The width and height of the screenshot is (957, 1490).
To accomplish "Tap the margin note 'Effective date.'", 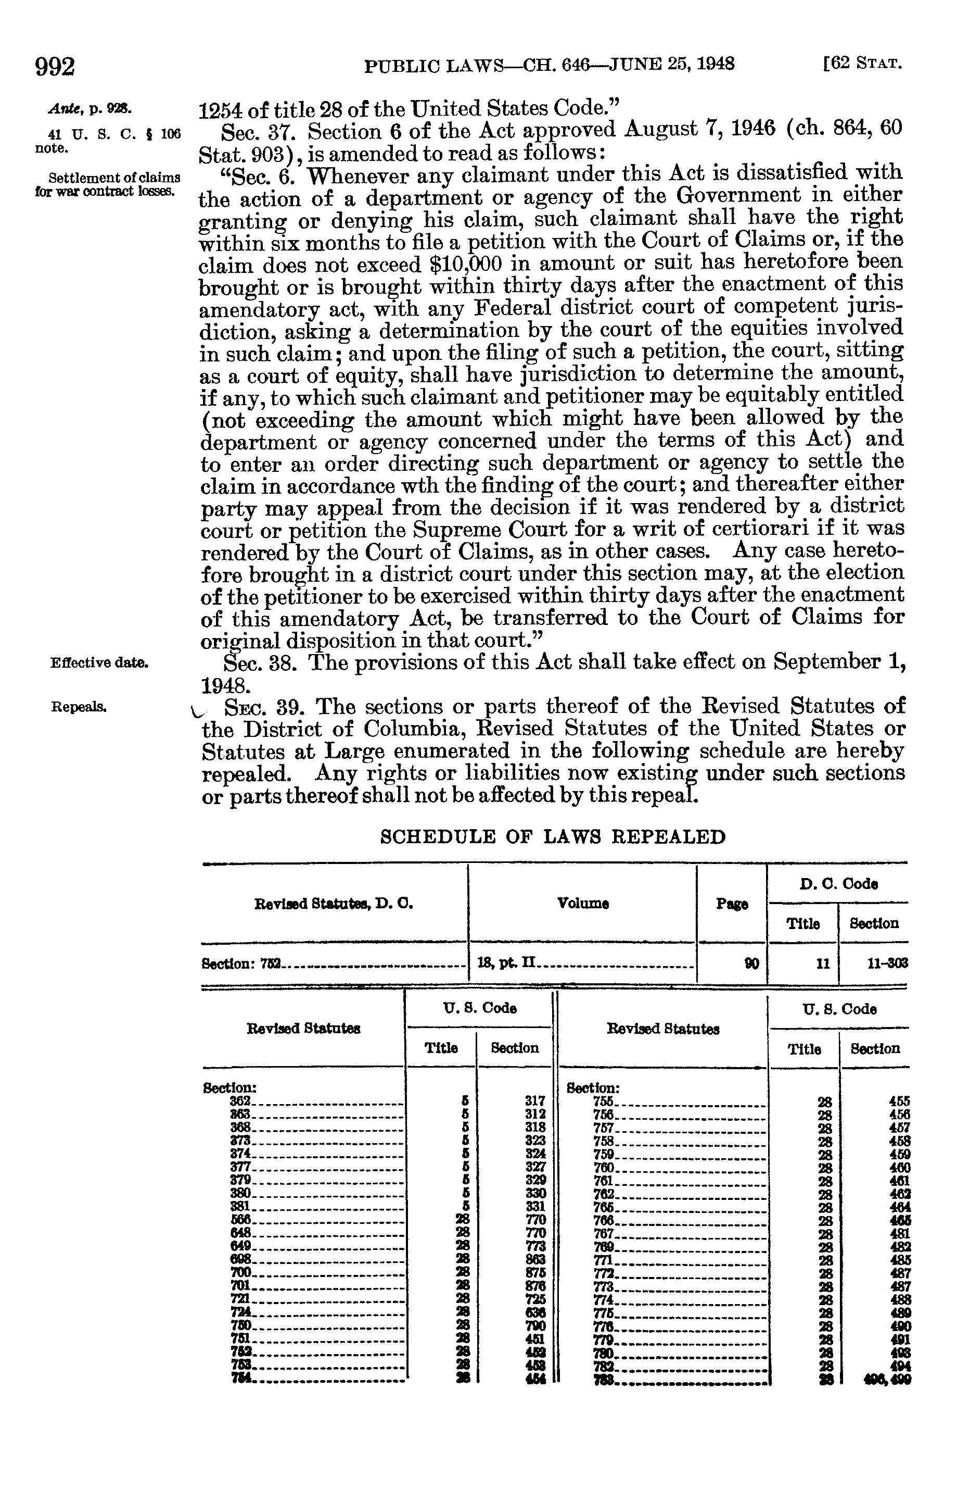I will (x=99, y=663).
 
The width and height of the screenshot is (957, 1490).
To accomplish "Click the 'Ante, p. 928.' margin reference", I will (x=90, y=109).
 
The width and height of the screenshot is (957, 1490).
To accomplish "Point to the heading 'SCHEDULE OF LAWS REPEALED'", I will (x=553, y=837).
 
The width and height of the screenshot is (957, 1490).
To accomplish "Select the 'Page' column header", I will (x=732, y=904).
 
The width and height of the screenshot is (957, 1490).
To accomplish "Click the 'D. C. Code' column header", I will (x=838, y=884).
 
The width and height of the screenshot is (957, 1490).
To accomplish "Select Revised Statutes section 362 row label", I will (x=240, y=1101).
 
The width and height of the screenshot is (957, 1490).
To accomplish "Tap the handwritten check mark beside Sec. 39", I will (x=198, y=713).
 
